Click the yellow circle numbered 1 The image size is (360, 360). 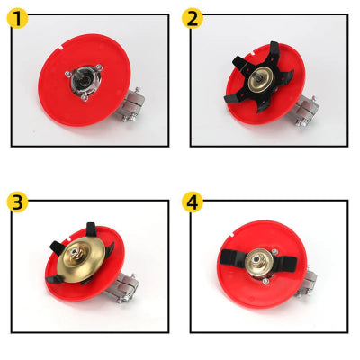pos(17,18)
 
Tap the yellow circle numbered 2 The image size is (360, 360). pos(193,18)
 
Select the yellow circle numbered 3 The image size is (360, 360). pos(17,202)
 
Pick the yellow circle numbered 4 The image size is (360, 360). pos(193,202)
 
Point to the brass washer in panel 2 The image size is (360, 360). pos(261,79)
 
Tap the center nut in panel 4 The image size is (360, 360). pos(257,259)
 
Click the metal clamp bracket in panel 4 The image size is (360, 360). pos(307,283)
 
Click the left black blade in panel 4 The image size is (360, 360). pos(232,257)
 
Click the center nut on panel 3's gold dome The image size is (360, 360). pos(76,254)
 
